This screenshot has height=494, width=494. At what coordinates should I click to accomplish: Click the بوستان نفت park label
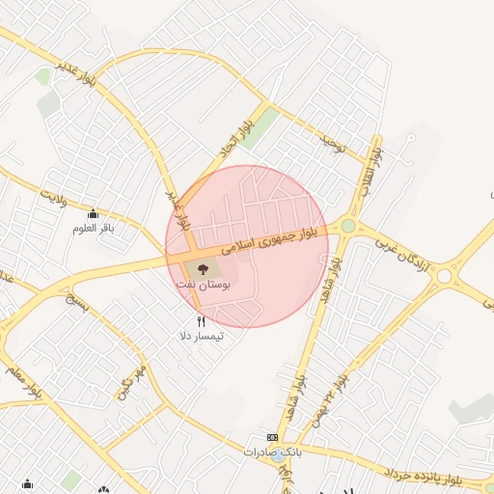point(202,287)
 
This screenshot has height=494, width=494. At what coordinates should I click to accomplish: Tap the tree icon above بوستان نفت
point(203,270)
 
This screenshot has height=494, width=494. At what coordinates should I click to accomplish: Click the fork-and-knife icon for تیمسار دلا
point(201,321)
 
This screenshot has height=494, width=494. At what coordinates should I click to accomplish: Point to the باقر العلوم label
point(93,229)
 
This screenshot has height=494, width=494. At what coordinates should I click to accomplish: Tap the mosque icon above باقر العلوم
point(93,214)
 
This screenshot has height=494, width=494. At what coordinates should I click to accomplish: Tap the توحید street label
point(333,145)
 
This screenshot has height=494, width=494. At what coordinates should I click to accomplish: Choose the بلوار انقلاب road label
point(370,171)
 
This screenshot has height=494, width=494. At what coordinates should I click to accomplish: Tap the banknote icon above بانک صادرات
point(273,437)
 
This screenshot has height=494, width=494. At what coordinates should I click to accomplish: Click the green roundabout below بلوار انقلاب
point(347,226)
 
